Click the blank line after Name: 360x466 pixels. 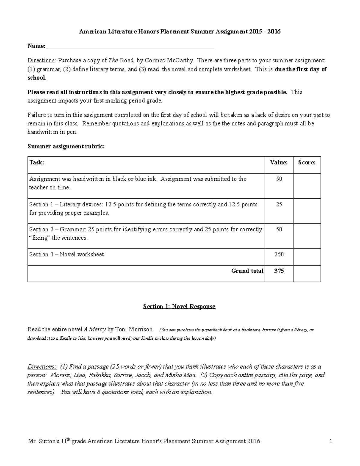tap(130, 47)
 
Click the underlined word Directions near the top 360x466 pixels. tap(41, 60)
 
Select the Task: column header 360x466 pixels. tap(37, 163)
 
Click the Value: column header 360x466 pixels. tap(279, 163)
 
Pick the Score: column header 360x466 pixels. tap(307, 163)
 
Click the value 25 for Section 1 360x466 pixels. tap(279, 204)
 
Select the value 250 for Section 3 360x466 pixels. tap(279, 254)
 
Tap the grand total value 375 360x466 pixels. tap(279, 271)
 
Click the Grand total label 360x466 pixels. tap(247, 271)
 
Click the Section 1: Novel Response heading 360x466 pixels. tap(179, 306)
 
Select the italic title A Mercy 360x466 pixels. tap(94, 329)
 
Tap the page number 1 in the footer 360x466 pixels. tap(331, 441)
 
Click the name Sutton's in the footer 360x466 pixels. tap(48, 441)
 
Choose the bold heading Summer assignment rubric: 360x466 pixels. tap(66, 146)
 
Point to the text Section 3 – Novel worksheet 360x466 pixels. tap(66, 254)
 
